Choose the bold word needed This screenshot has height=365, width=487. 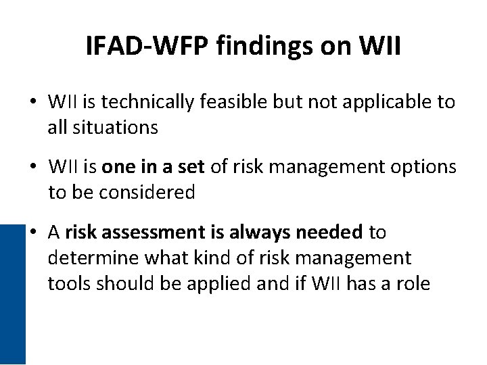coord(330,233)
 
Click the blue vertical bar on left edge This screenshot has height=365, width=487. coord(12,294)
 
